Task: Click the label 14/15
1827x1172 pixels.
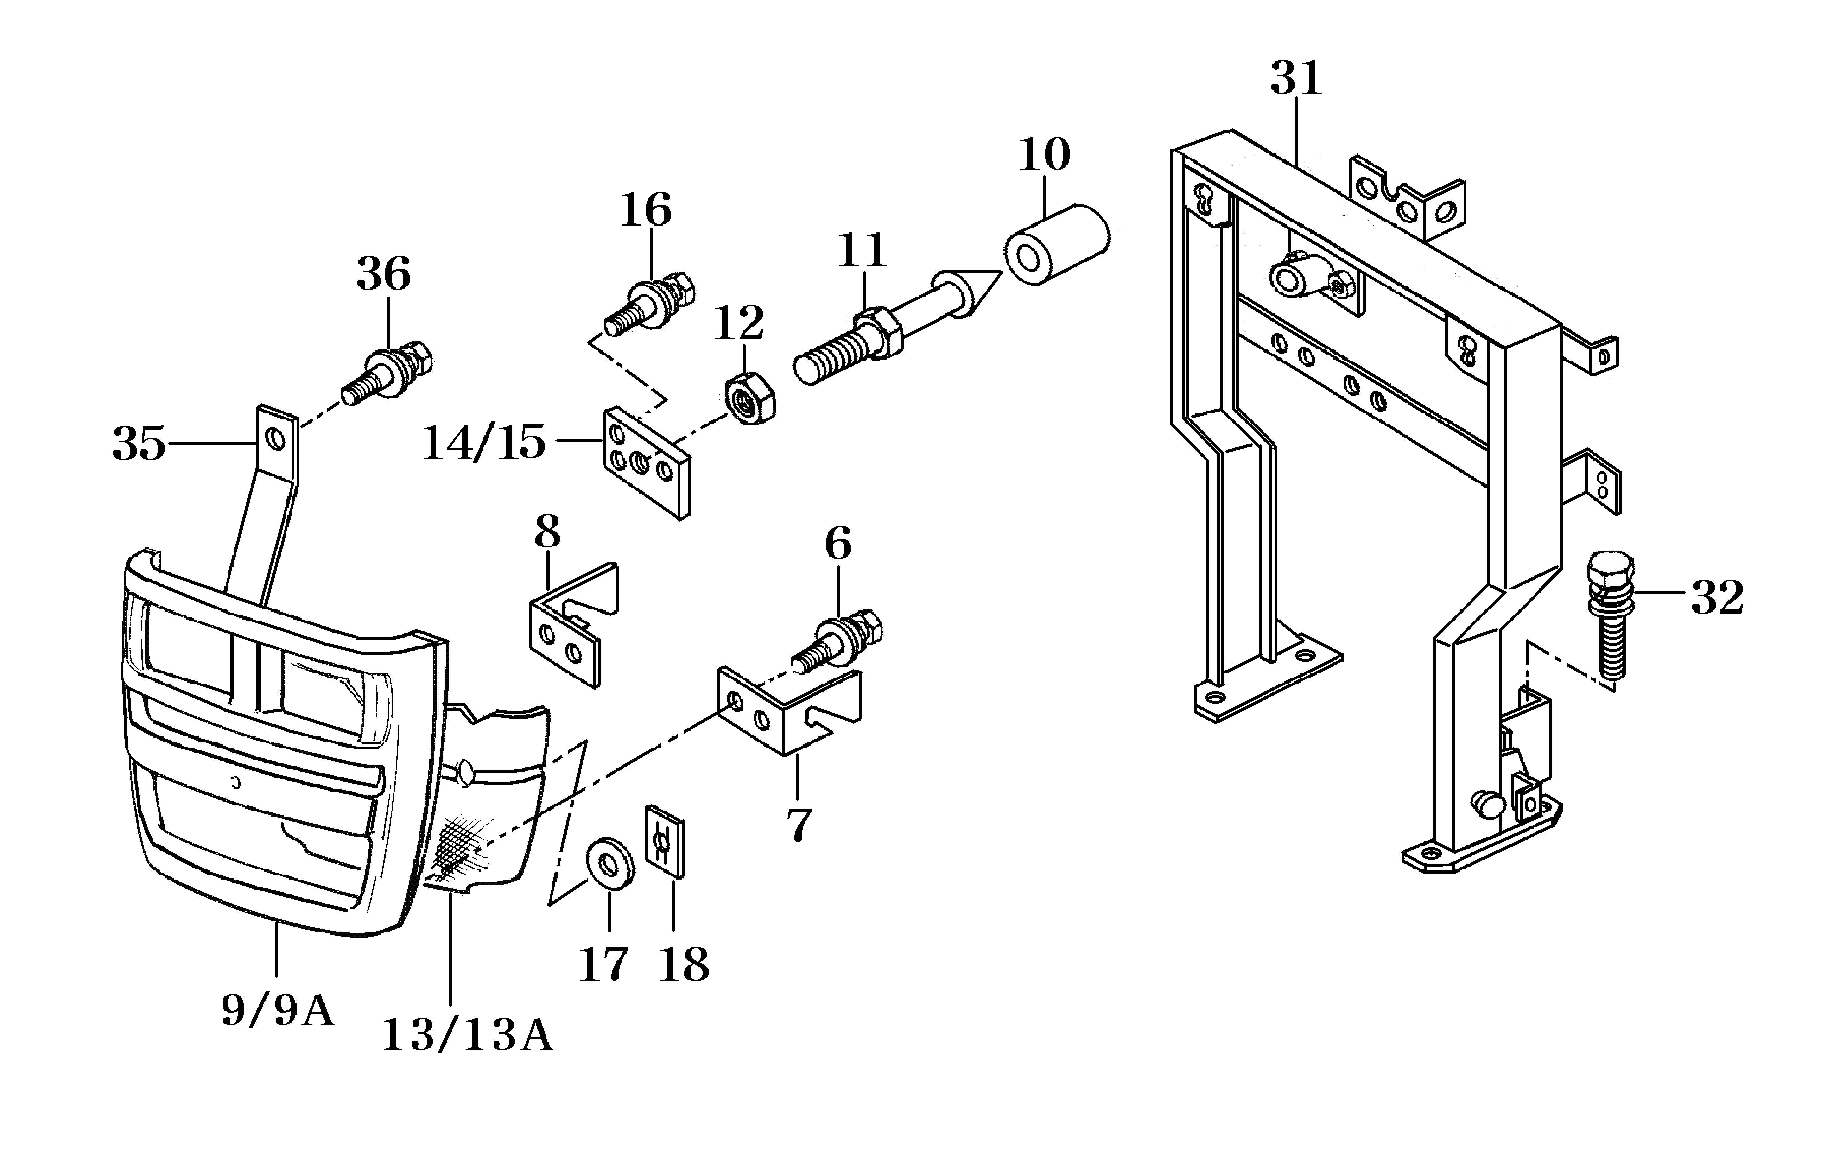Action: coord(484,443)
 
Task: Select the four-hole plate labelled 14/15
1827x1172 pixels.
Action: coord(647,463)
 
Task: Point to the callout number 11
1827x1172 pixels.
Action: coord(862,251)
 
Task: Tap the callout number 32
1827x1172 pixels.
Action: coord(1717,598)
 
